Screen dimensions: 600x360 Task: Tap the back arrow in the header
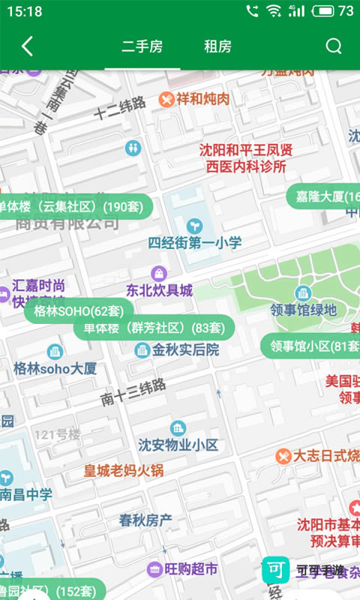[27, 46]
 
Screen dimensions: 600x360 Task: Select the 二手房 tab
[142, 46]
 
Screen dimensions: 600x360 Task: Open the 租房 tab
[217, 46]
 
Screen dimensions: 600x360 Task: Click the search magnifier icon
[333, 46]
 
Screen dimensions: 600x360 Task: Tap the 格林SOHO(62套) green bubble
[79, 310]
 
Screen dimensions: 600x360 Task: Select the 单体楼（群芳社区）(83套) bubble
[154, 328]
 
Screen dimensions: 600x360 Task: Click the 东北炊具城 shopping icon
[158, 273]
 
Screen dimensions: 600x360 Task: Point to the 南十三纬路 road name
[133, 392]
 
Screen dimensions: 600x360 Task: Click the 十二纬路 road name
[120, 109]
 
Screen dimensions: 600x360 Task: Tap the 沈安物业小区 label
[178, 445]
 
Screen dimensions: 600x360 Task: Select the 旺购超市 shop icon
[155, 569]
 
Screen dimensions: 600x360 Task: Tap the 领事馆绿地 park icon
[303, 292]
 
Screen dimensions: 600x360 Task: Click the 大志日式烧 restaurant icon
[283, 455]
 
